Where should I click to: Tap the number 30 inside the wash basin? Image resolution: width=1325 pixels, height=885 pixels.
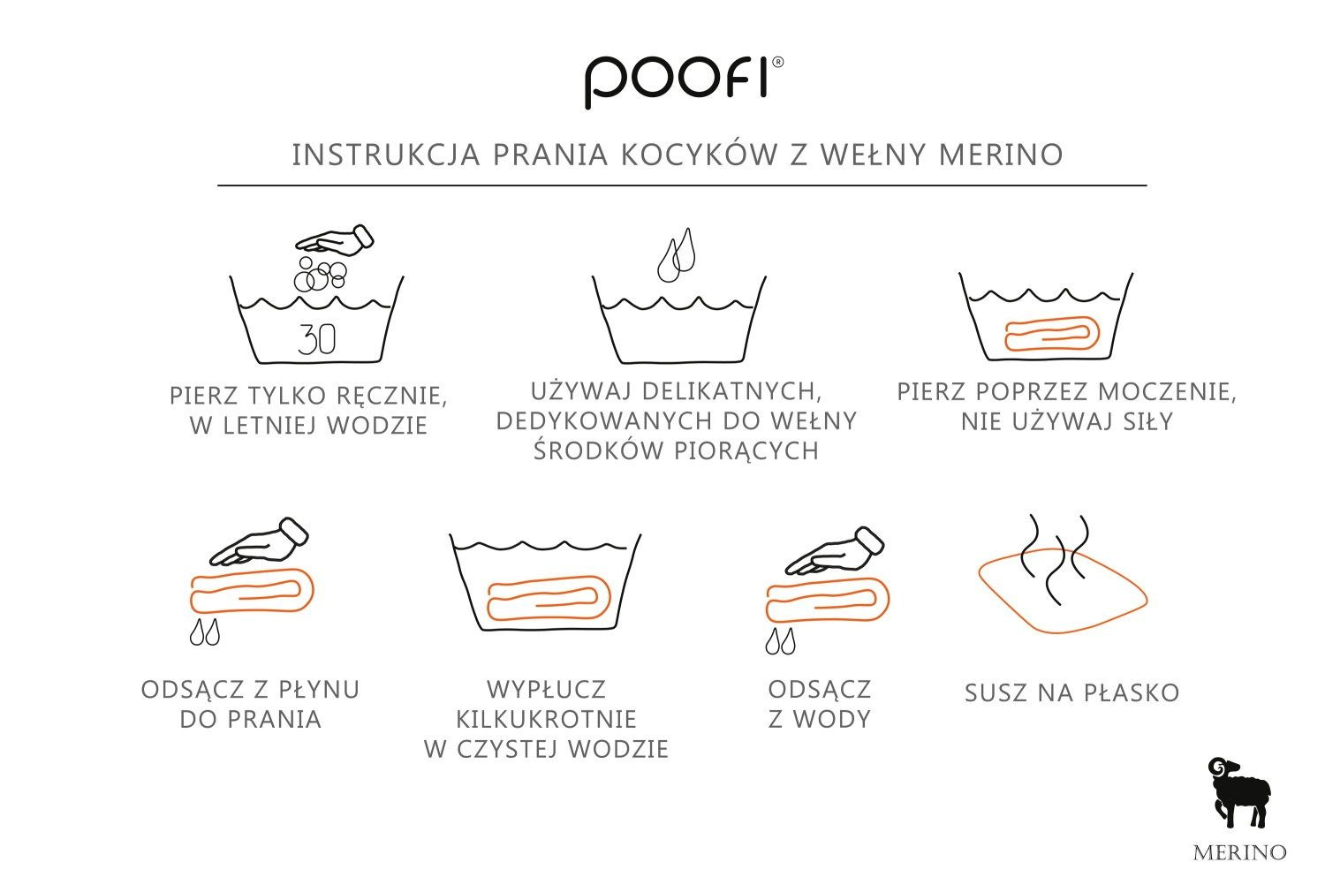coord(316,339)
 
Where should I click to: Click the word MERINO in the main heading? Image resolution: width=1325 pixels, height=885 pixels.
coord(1002,155)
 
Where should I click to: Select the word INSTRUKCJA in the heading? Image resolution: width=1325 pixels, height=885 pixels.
coord(386,155)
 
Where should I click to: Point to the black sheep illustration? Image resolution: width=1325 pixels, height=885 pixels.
coord(1238,792)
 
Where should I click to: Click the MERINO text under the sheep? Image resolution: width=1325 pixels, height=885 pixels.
coord(1240,852)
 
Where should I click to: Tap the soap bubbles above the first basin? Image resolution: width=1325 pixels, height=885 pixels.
coord(320,274)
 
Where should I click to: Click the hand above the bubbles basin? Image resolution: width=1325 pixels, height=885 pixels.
coord(335,240)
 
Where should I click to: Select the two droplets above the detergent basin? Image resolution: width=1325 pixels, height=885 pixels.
coord(677,255)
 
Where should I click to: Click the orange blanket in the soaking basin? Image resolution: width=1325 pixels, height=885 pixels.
coord(1051,334)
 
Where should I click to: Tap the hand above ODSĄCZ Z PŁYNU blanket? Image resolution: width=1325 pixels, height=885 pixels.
coord(259,541)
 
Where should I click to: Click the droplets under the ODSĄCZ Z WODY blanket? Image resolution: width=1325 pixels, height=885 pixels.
coord(780,641)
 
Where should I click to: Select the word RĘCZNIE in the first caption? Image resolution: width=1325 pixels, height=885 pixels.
coord(392,396)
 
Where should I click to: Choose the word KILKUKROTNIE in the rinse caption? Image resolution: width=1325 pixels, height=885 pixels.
coord(547,719)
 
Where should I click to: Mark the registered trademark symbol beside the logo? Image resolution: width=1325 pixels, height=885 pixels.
coord(778,63)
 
